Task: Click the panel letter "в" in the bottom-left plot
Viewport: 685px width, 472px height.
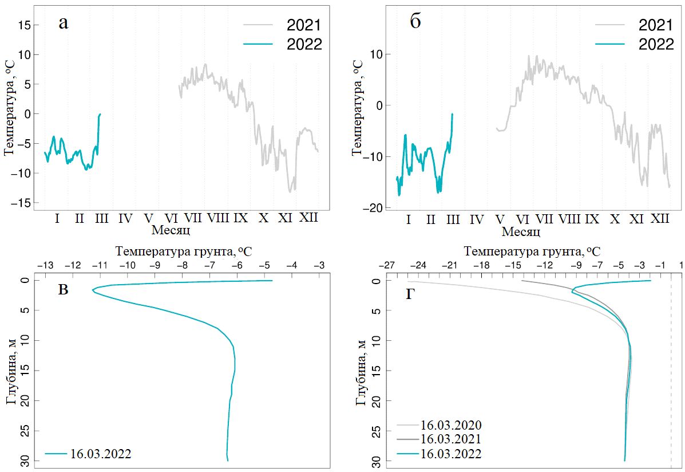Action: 64,290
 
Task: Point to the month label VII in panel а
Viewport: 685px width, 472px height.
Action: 193,218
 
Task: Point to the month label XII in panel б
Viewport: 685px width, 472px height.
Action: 660,219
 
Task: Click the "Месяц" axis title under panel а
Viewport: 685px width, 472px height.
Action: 171,230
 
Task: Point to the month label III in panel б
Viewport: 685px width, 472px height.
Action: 453,219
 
